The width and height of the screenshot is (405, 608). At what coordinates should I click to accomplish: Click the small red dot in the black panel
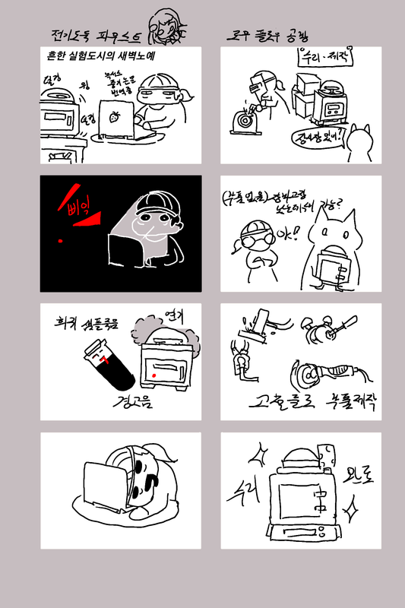coord(60,241)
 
